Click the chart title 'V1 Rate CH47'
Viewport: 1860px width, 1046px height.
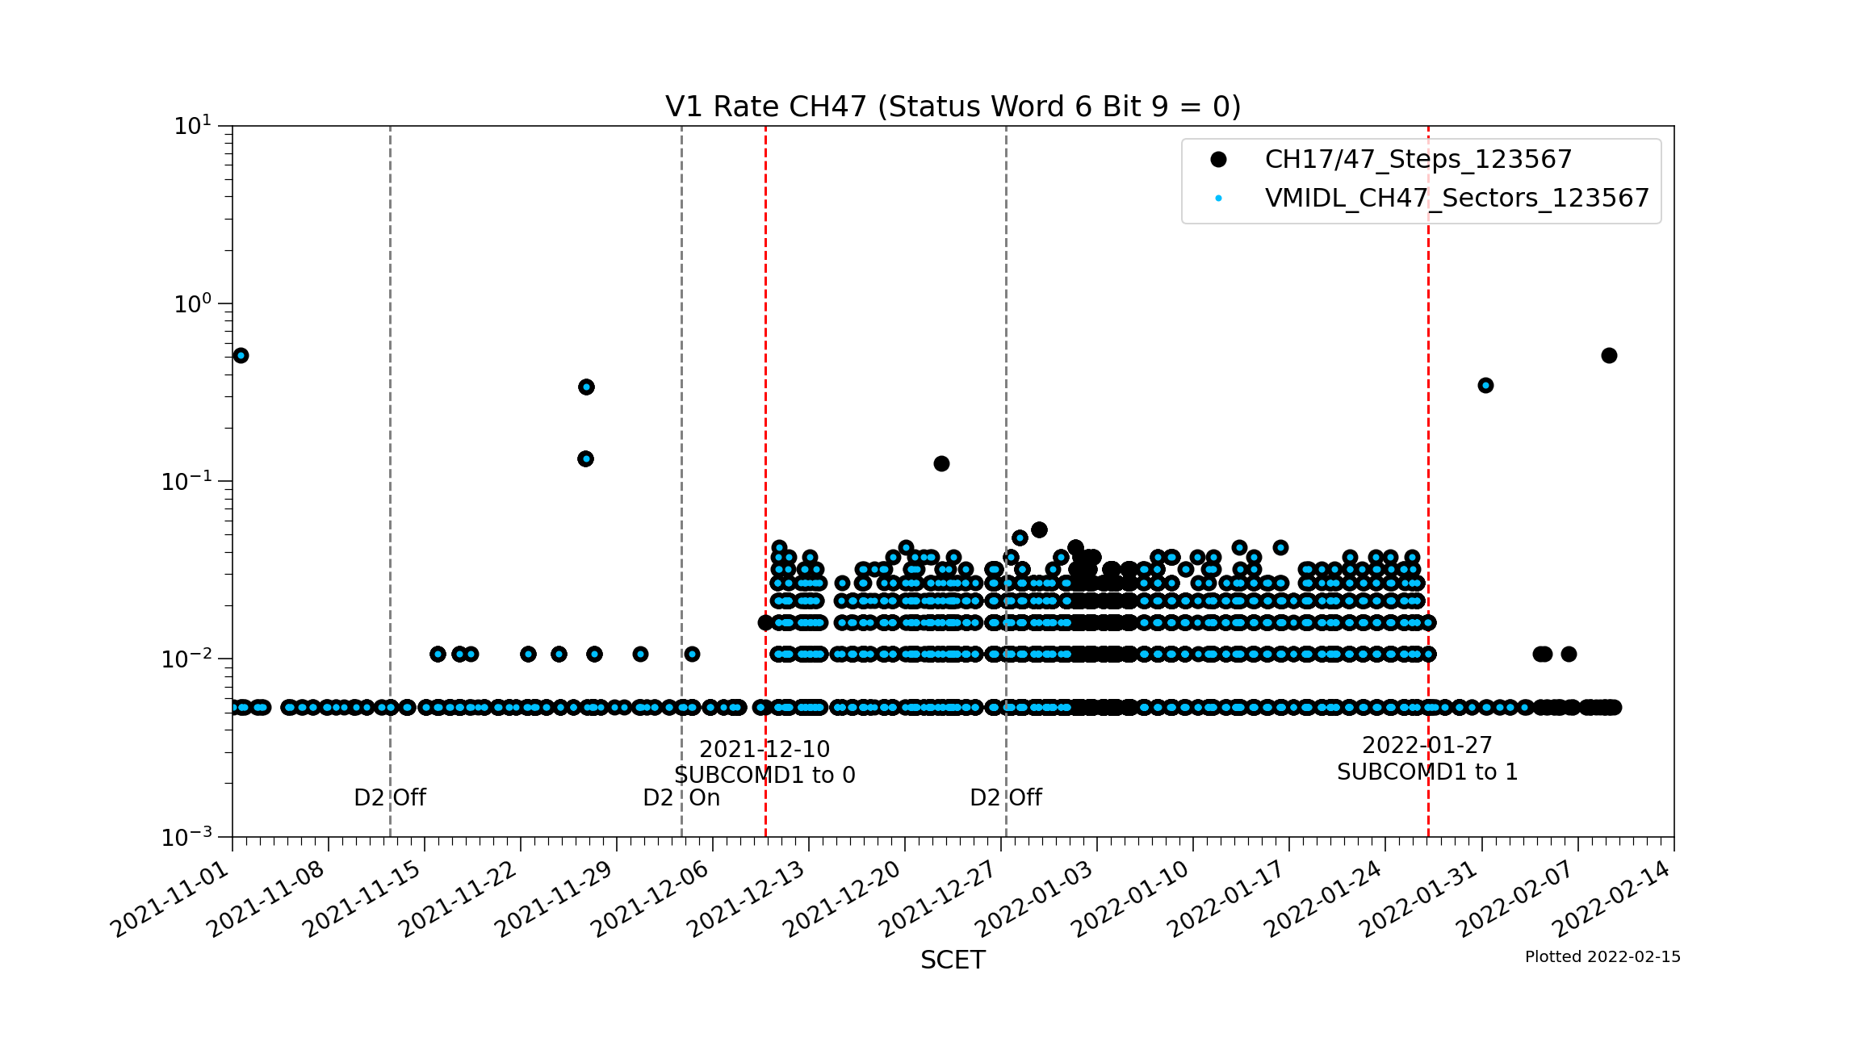[x=953, y=107]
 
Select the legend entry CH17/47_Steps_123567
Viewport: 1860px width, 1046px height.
[x=1418, y=159]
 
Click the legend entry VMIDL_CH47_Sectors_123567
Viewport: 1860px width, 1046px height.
[x=1456, y=198]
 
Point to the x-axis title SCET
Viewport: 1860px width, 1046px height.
[x=953, y=960]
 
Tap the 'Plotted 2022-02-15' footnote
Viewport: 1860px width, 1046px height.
[x=1602, y=956]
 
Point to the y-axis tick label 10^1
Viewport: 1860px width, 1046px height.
[x=193, y=126]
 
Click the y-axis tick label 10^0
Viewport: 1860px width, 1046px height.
[x=193, y=304]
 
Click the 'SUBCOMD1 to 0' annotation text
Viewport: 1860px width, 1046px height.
[x=765, y=775]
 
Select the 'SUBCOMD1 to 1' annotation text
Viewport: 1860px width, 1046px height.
[x=1427, y=772]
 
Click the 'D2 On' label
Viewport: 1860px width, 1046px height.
[x=681, y=797]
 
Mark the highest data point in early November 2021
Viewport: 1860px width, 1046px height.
[x=241, y=355]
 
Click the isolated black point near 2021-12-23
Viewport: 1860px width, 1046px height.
[x=941, y=463]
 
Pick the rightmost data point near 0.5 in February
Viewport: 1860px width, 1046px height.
[x=1609, y=355]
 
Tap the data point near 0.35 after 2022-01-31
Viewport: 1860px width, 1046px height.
[x=1485, y=385]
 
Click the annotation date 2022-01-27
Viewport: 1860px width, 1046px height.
[x=1427, y=745]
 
